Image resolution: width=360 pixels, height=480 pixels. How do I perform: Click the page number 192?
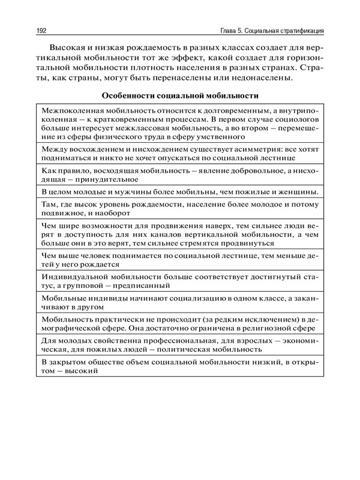pos(43,29)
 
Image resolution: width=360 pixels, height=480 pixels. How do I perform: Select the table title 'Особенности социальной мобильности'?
pos(179,95)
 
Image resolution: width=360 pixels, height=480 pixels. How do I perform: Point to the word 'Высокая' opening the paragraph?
pos(70,47)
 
